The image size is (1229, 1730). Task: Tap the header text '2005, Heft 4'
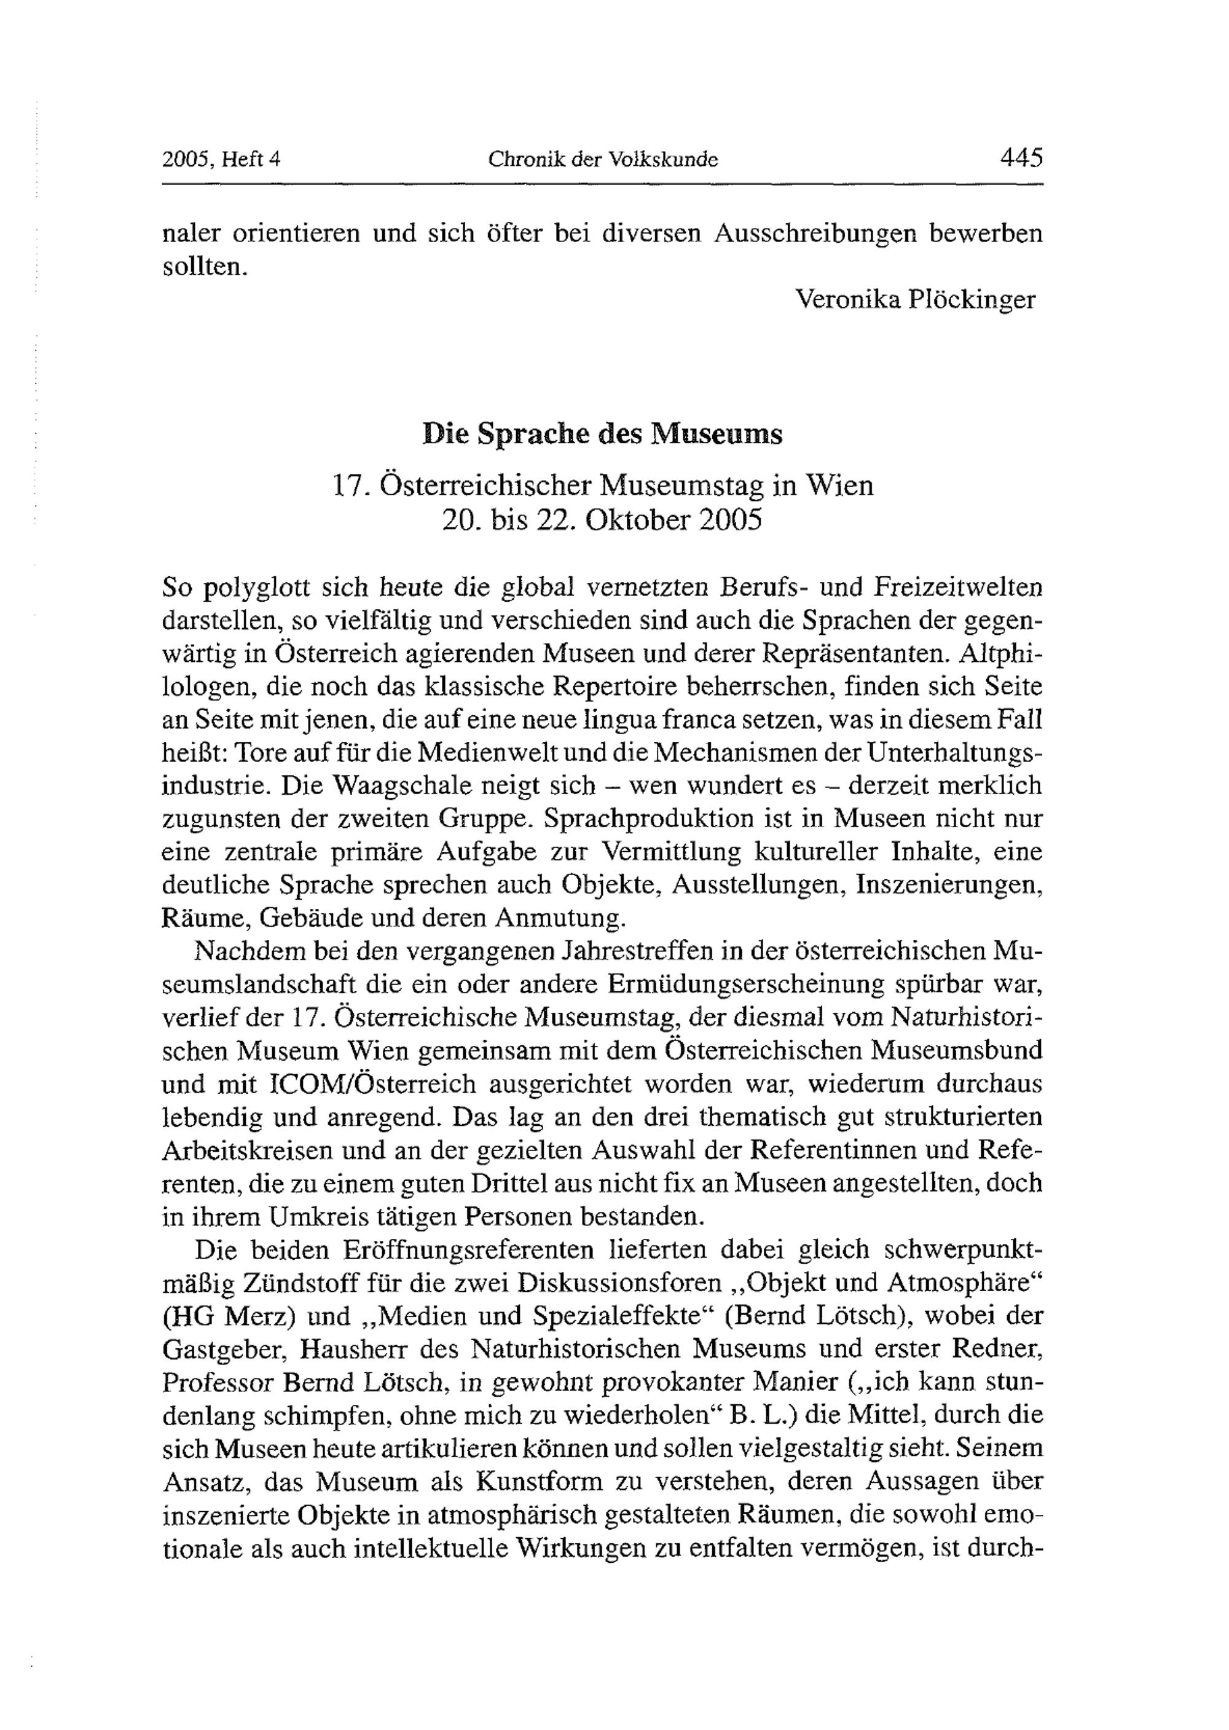click(221, 160)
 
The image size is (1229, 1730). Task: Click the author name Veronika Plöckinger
click(915, 300)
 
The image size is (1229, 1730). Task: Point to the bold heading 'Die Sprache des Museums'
click(602, 434)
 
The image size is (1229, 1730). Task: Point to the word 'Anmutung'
click(560, 918)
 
